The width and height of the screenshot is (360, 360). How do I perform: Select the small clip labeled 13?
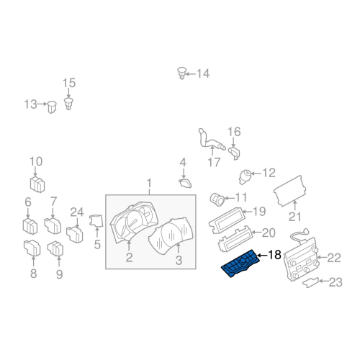point(53,107)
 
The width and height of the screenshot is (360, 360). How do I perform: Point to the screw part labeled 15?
point(68,105)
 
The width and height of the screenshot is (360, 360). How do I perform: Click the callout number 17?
point(214,163)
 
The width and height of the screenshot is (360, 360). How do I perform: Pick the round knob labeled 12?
point(246,174)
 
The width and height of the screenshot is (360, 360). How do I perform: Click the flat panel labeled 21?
point(292,192)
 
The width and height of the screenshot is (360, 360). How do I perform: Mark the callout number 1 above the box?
point(149,183)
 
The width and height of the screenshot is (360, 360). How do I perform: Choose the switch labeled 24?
point(74,234)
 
